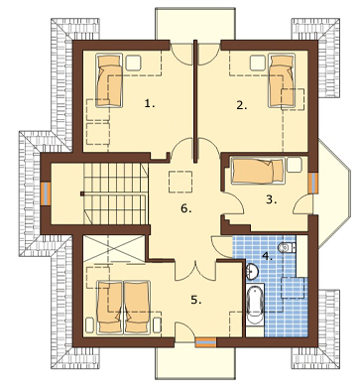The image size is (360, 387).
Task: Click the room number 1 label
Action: click(150, 104)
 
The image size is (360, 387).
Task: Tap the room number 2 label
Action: click(242, 105)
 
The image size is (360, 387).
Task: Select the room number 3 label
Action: click(272, 199)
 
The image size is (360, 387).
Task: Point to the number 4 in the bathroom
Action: click(267, 256)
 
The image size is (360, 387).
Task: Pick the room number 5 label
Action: click(196, 300)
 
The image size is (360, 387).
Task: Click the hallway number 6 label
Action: click(186, 208)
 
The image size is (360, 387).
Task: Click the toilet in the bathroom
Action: click(287, 247)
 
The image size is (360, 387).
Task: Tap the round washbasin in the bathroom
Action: click(253, 271)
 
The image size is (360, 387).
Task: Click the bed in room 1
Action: click(109, 80)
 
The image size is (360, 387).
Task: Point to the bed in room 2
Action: click(282, 80)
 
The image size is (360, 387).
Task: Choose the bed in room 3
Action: click(258, 170)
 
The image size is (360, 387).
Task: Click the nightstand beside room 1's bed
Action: click(134, 63)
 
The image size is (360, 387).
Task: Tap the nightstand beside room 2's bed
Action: click(258, 63)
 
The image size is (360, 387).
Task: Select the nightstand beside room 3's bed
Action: click(295, 165)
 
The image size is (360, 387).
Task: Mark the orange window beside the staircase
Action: click(46, 193)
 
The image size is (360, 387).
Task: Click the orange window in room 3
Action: click(312, 183)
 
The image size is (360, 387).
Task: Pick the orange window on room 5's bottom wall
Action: click(205, 342)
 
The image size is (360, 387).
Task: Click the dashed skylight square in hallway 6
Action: click(180, 182)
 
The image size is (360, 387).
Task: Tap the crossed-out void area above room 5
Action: click(114, 249)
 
